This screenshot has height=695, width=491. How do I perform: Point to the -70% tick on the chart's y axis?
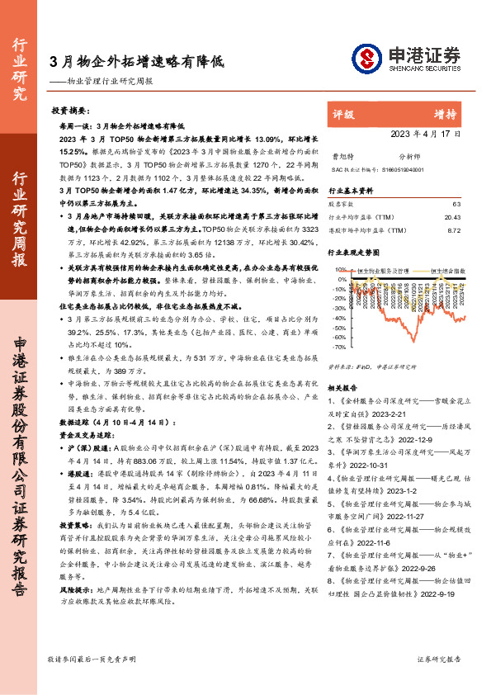point(338,347)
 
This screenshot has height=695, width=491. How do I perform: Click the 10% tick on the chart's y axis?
point(339,269)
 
